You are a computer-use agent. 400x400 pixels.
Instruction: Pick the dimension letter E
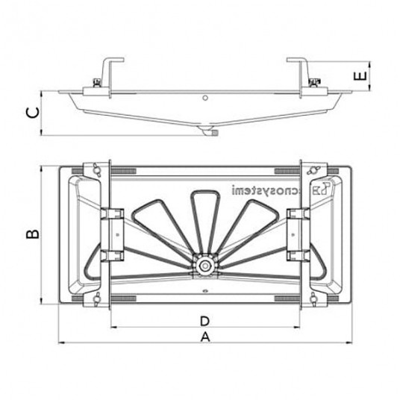(360, 77)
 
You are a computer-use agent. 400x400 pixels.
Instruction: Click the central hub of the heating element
(202, 265)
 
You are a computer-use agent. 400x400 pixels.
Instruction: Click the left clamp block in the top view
(113, 235)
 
